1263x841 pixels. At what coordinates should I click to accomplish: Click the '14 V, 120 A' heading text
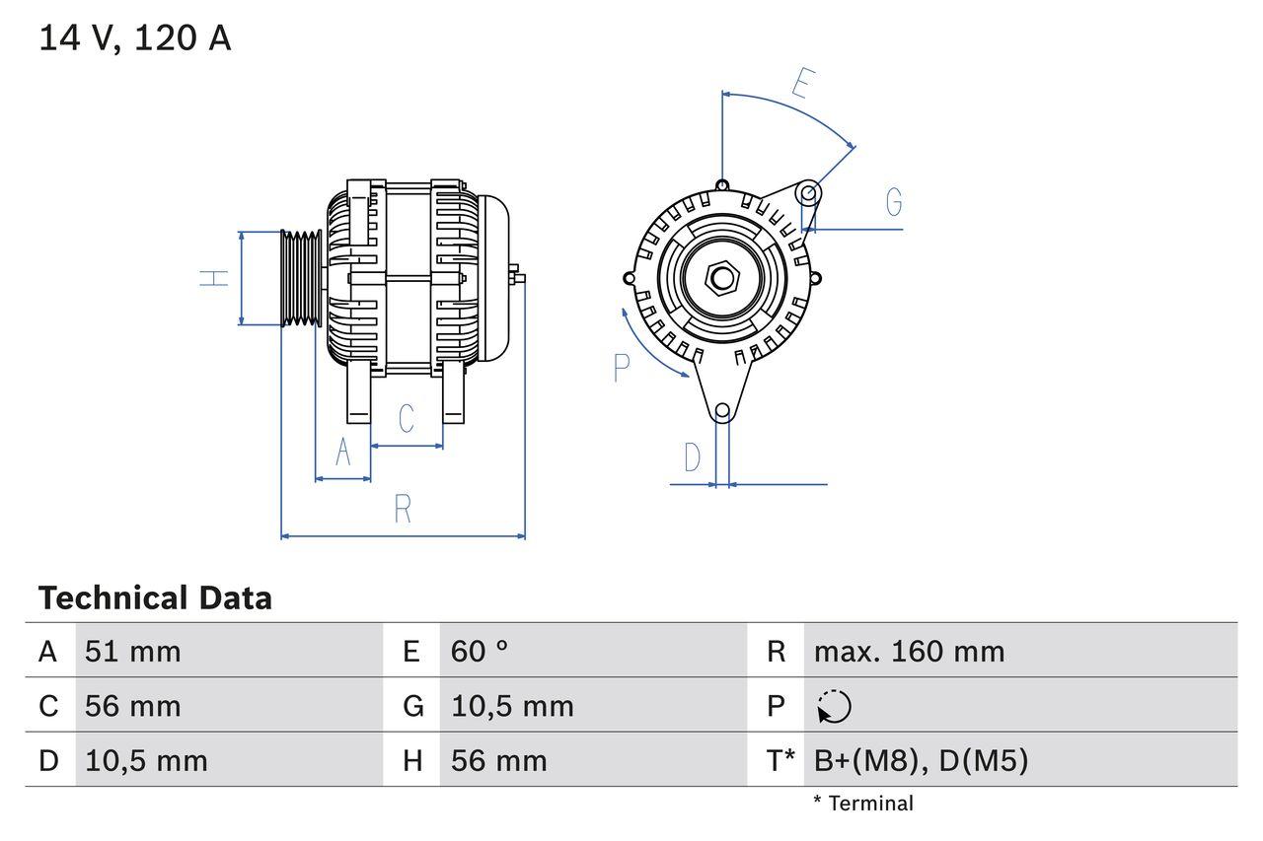coord(135,37)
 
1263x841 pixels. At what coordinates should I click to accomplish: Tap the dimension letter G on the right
coord(894,202)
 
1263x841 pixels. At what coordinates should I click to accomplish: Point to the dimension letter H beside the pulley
coord(214,277)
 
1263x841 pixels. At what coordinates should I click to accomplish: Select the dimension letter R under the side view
coord(402,510)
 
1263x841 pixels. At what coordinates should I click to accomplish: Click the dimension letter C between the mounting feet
coord(407,418)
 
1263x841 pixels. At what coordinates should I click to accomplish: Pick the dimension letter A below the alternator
coord(342,452)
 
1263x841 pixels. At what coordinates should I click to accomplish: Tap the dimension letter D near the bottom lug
coord(693,457)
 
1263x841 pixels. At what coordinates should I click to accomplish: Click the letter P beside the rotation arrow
coord(621,368)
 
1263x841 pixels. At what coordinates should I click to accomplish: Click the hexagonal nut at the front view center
coord(722,277)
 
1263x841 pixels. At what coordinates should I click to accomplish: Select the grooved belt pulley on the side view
coord(301,278)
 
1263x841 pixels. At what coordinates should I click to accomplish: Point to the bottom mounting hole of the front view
coord(722,411)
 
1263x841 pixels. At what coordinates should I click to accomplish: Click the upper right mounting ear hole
coord(807,191)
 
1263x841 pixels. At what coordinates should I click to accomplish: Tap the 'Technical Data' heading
coord(155,597)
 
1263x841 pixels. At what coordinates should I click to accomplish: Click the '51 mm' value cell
coord(133,651)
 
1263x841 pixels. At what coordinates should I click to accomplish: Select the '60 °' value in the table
coord(480,651)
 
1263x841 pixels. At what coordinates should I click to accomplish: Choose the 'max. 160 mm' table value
coord(909,651)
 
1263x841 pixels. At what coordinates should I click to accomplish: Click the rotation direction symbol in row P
coord(834,706)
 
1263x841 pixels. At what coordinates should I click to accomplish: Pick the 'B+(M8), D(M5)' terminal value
coord(921,760)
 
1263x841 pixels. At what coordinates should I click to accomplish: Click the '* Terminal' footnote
coord(863,804)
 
